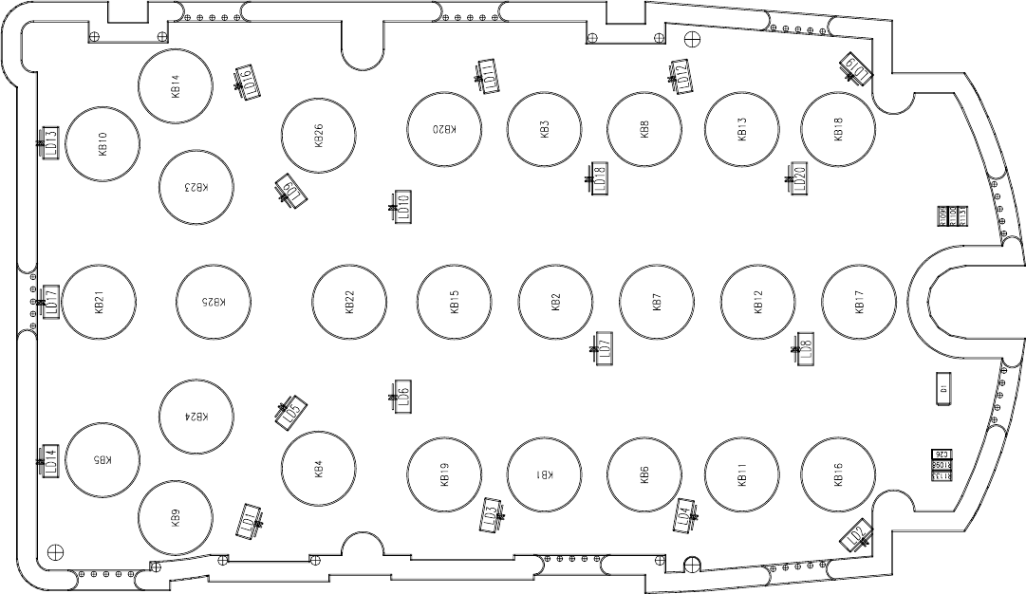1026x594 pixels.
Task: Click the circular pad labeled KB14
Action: coord(175,86)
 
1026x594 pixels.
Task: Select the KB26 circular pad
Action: coord(319,136)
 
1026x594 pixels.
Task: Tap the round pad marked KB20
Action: coord(444,129)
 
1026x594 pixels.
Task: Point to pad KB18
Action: coord(838,129)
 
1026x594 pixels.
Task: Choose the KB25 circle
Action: coord(215,303)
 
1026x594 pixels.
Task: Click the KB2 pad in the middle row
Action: coord(556,303)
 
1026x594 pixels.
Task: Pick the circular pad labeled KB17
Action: coord(858,303)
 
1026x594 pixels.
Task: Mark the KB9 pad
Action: coord(176,518)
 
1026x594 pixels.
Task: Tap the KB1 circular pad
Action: coord(544,474)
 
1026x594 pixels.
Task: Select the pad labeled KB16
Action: coord(838,474)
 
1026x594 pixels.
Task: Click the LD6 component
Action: coord(403,397)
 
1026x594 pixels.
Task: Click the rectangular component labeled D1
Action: coord(943,389)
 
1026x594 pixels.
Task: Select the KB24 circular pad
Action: coord(197,417)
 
